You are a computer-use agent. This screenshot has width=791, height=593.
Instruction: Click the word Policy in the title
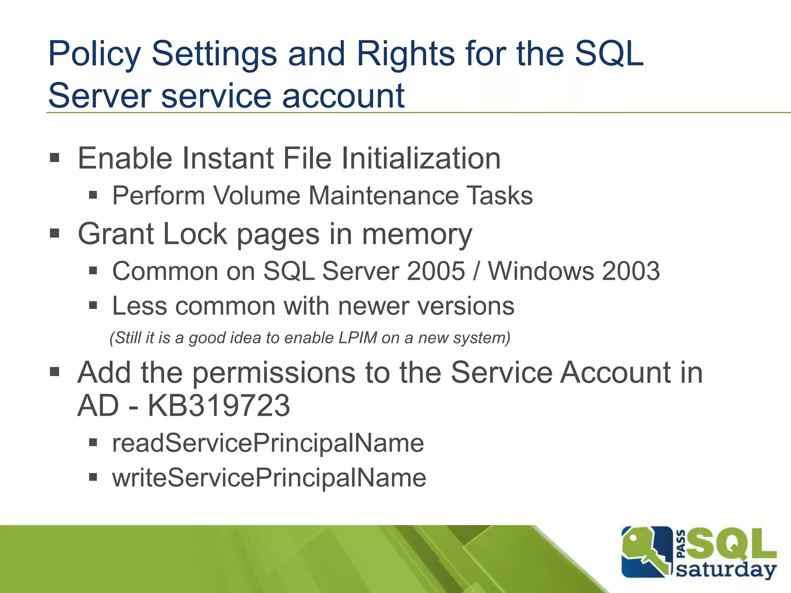tap(94, 54)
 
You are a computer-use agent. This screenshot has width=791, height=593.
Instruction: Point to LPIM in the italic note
tap(357, 338)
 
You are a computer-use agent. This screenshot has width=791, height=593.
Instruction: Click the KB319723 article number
tap(219, 406)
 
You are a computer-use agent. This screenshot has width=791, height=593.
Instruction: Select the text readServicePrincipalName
tap(268, 443)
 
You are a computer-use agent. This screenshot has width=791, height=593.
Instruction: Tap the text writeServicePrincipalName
tap(269, 478)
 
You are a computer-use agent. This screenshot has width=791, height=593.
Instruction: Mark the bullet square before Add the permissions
tap(54, 372)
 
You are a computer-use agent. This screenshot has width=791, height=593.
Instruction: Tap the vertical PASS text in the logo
tap(681, 544)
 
